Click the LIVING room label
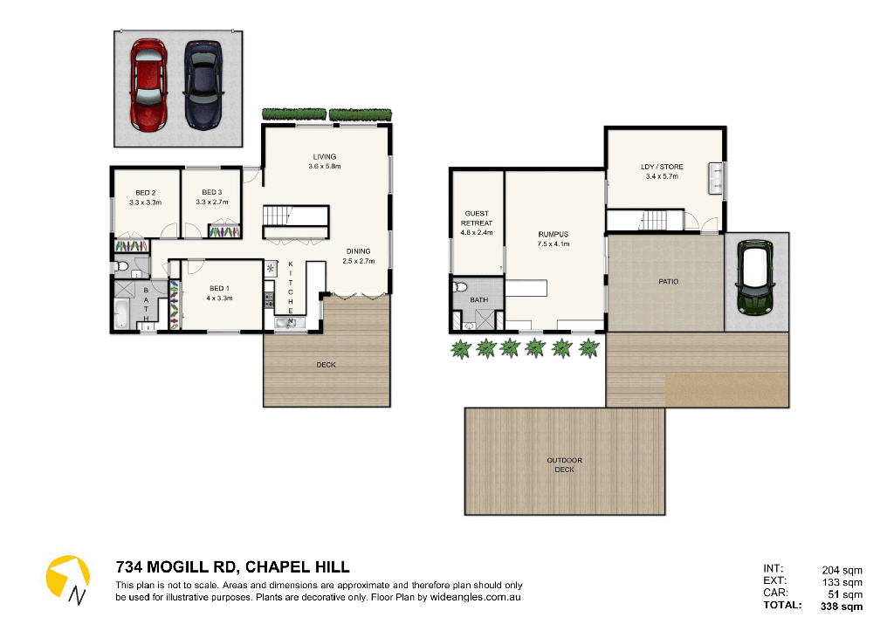pyautogui.click(x=325, y=157)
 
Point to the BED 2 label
pyautogui.click(x=146, y=193)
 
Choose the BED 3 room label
pyautogui.click(x=212, y=192)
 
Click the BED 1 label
pyautogui.click(x=219, y=289)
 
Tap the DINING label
pyautogui.click(x=358, y=251)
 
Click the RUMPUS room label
pyautogui.click(x=554, y=234)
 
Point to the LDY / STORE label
pyautogui.click(x=662, y=167)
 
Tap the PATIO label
pyautogui.click(x=669, y=282)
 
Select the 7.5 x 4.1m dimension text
pyautogui.click(x=554, y=244)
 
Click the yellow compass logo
pyautogui.click(x=68, y=579)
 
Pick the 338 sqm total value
pyautogui.click(x=842, y=606)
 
